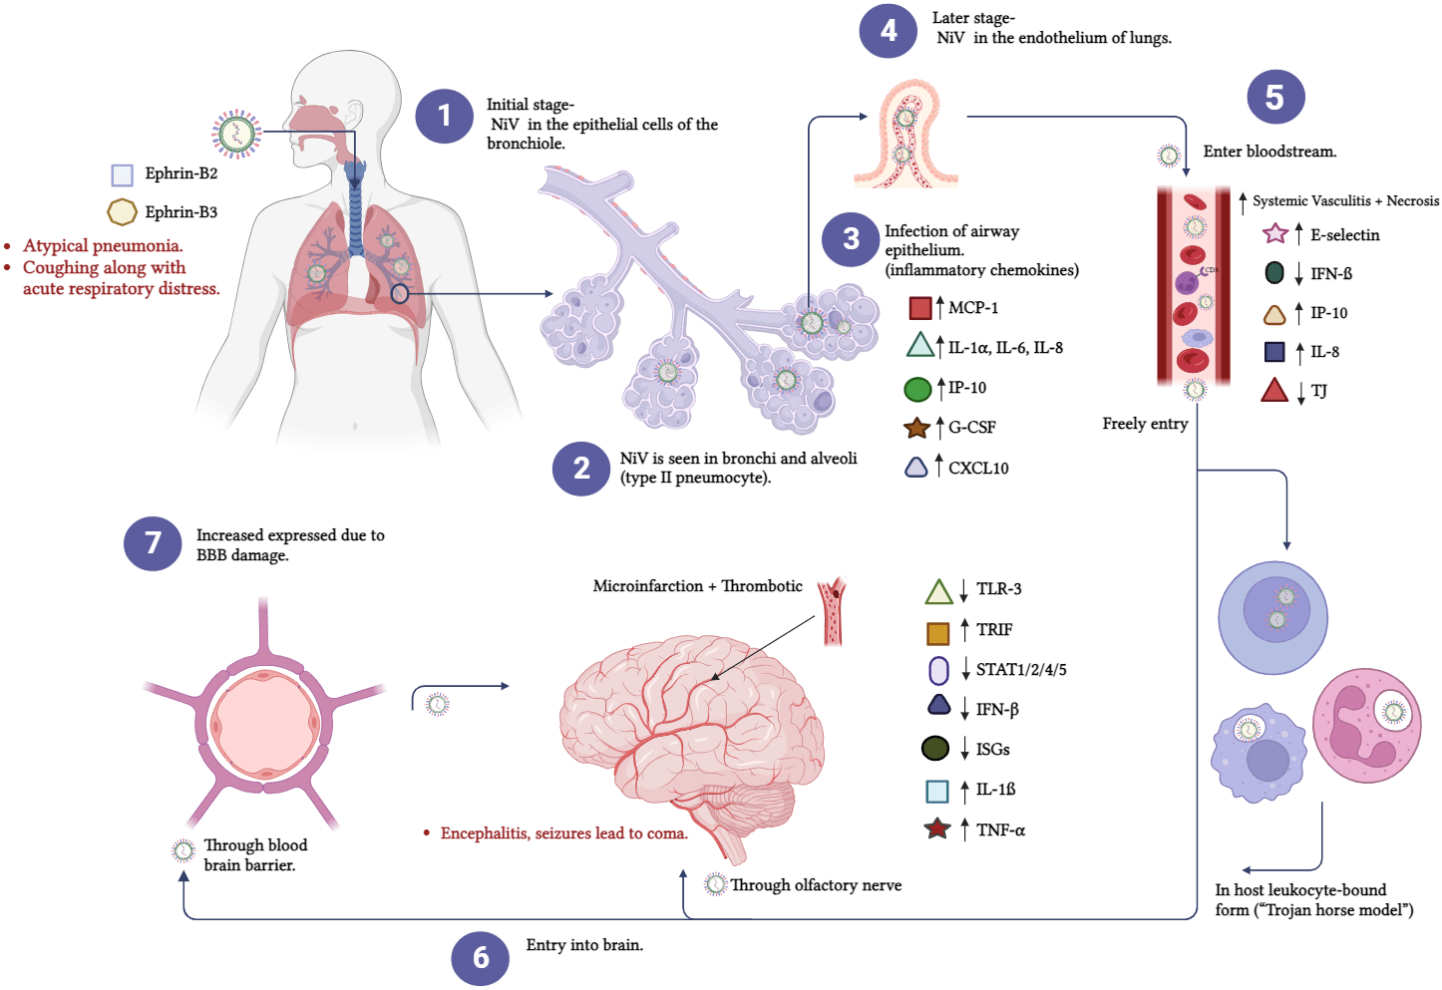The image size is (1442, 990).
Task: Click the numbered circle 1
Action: point(445,116)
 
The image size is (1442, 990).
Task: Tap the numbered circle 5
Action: point(1275,97)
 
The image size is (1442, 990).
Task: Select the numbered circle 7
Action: point(153,543)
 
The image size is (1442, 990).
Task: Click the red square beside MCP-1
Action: point(920,308)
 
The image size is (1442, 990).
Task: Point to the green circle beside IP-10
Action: point(917,389)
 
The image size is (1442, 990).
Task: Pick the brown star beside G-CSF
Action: point(916,429)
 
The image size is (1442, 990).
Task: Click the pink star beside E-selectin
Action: point(1274,234)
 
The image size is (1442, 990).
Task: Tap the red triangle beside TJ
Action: point(1274,391)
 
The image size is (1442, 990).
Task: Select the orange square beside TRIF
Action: point(937,633)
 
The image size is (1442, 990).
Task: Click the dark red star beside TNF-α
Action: point(937,828)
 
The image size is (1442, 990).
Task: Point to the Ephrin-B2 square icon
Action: point(122,175)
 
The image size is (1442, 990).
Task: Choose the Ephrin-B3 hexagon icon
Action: point(122,212)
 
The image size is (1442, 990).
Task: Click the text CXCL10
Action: point(978,469)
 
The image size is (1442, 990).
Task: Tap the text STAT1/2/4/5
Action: point(1021,670)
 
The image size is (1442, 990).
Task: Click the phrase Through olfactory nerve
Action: point(816,885)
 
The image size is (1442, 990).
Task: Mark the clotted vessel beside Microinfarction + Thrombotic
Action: point(831,610)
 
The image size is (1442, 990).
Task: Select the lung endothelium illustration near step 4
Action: point(905,138)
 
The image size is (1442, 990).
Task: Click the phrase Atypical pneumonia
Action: point(103,246)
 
